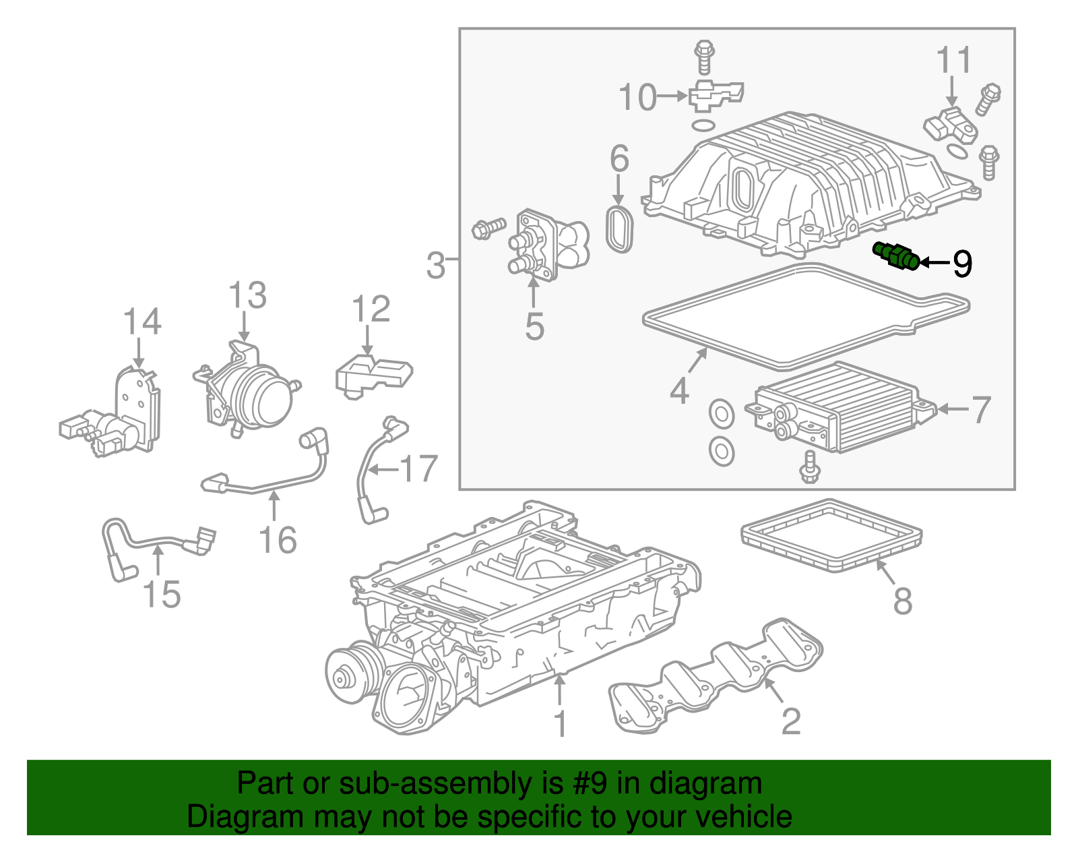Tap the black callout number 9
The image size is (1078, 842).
click(x=962, y=264)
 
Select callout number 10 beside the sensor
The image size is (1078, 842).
click(x=637, y=97)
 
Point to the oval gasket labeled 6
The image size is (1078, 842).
click(x=620, y=229)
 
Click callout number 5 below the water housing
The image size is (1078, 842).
click(x=534, y=326)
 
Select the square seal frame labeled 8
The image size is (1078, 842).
click(x=831, y=536)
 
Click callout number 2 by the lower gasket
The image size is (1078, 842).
click(x=791, y=721)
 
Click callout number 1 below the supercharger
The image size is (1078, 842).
click(x=560, y=723)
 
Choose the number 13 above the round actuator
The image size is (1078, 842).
click(x=247, y=296)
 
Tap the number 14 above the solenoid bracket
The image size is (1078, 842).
click(x=142, y=322)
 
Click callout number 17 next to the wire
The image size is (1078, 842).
click(x=419, y=469)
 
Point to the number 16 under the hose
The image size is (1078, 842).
click(x=278, y=540)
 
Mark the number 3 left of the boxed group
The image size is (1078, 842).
click(x=435, y=265)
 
